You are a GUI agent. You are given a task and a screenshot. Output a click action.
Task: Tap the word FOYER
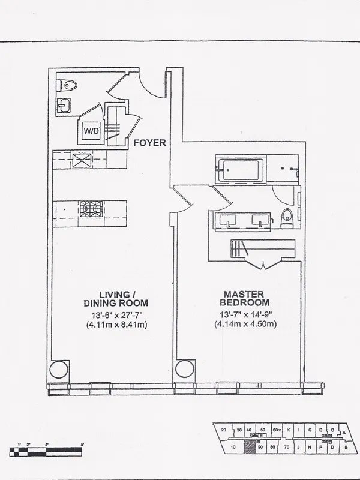click(x=149, y=143)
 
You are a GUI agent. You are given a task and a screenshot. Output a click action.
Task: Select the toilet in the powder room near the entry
click(x=65, y=85)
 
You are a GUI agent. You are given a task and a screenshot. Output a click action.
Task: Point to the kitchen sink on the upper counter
click(x=80, y=159)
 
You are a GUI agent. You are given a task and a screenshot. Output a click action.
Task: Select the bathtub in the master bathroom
click(x=239, y=170)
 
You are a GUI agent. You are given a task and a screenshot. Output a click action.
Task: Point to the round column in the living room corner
click(x=59, y=369)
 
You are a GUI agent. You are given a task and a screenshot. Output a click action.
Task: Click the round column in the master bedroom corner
click(x=184, y=368)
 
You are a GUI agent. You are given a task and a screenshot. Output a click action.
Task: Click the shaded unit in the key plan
click(x=251, y=447)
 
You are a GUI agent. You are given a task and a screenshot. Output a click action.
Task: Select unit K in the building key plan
click(x=288, y=430)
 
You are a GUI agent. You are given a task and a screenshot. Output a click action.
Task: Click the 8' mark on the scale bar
click(x=82, y=444)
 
